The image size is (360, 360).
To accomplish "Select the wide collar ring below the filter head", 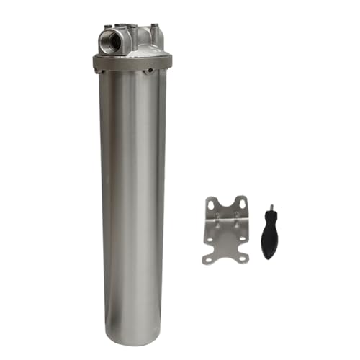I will click(x=129, y=62).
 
